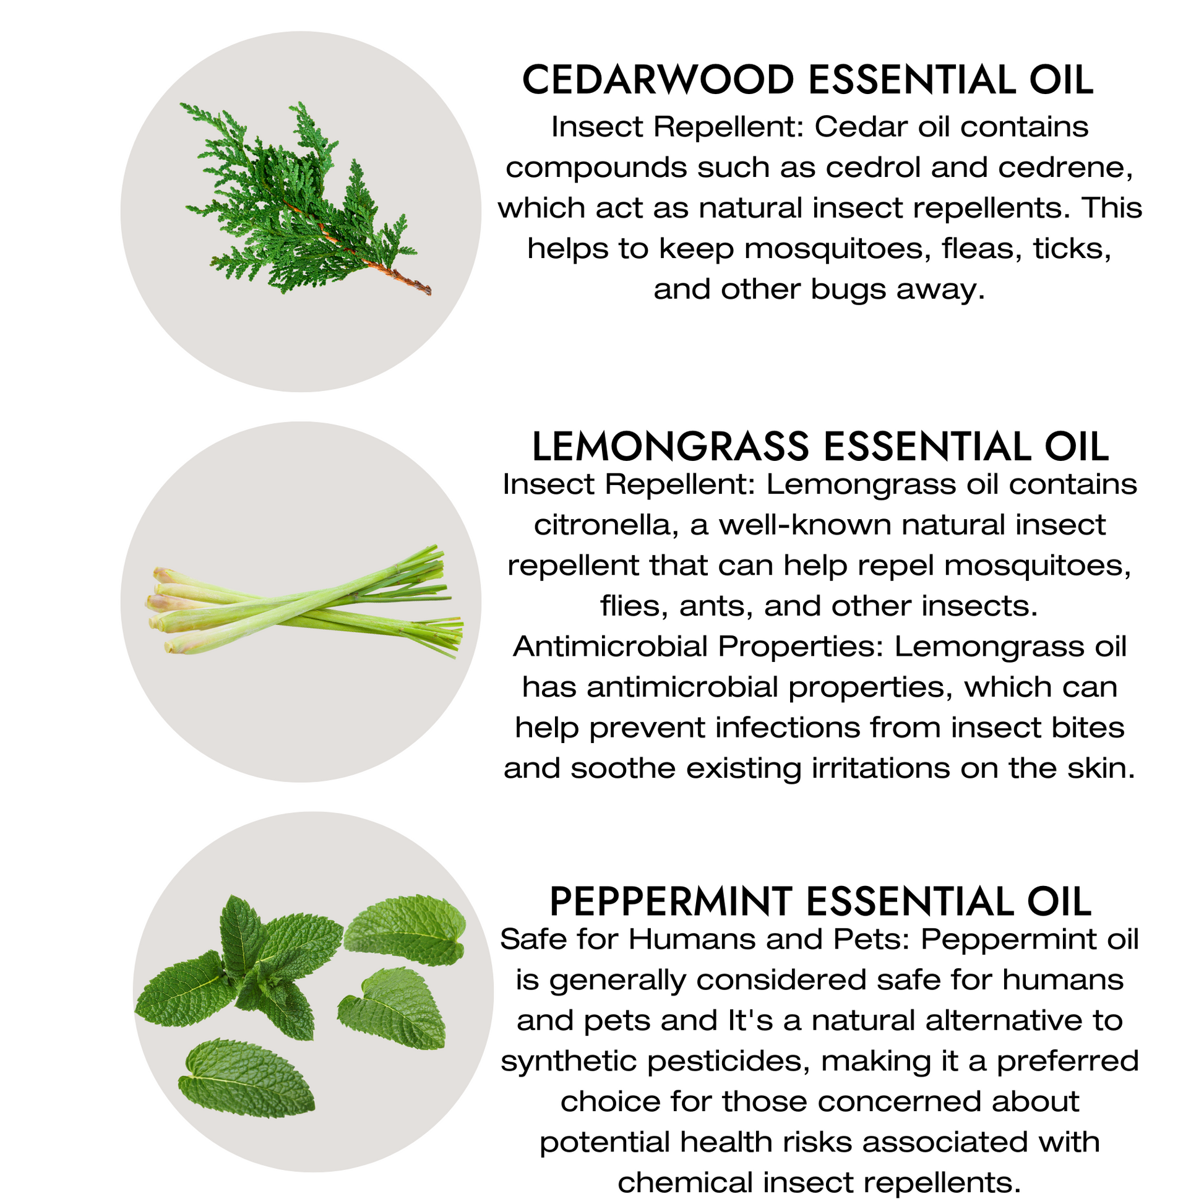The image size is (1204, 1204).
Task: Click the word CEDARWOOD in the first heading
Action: tap(658, 80)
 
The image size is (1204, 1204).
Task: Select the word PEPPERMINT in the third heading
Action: tap(671, 901)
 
